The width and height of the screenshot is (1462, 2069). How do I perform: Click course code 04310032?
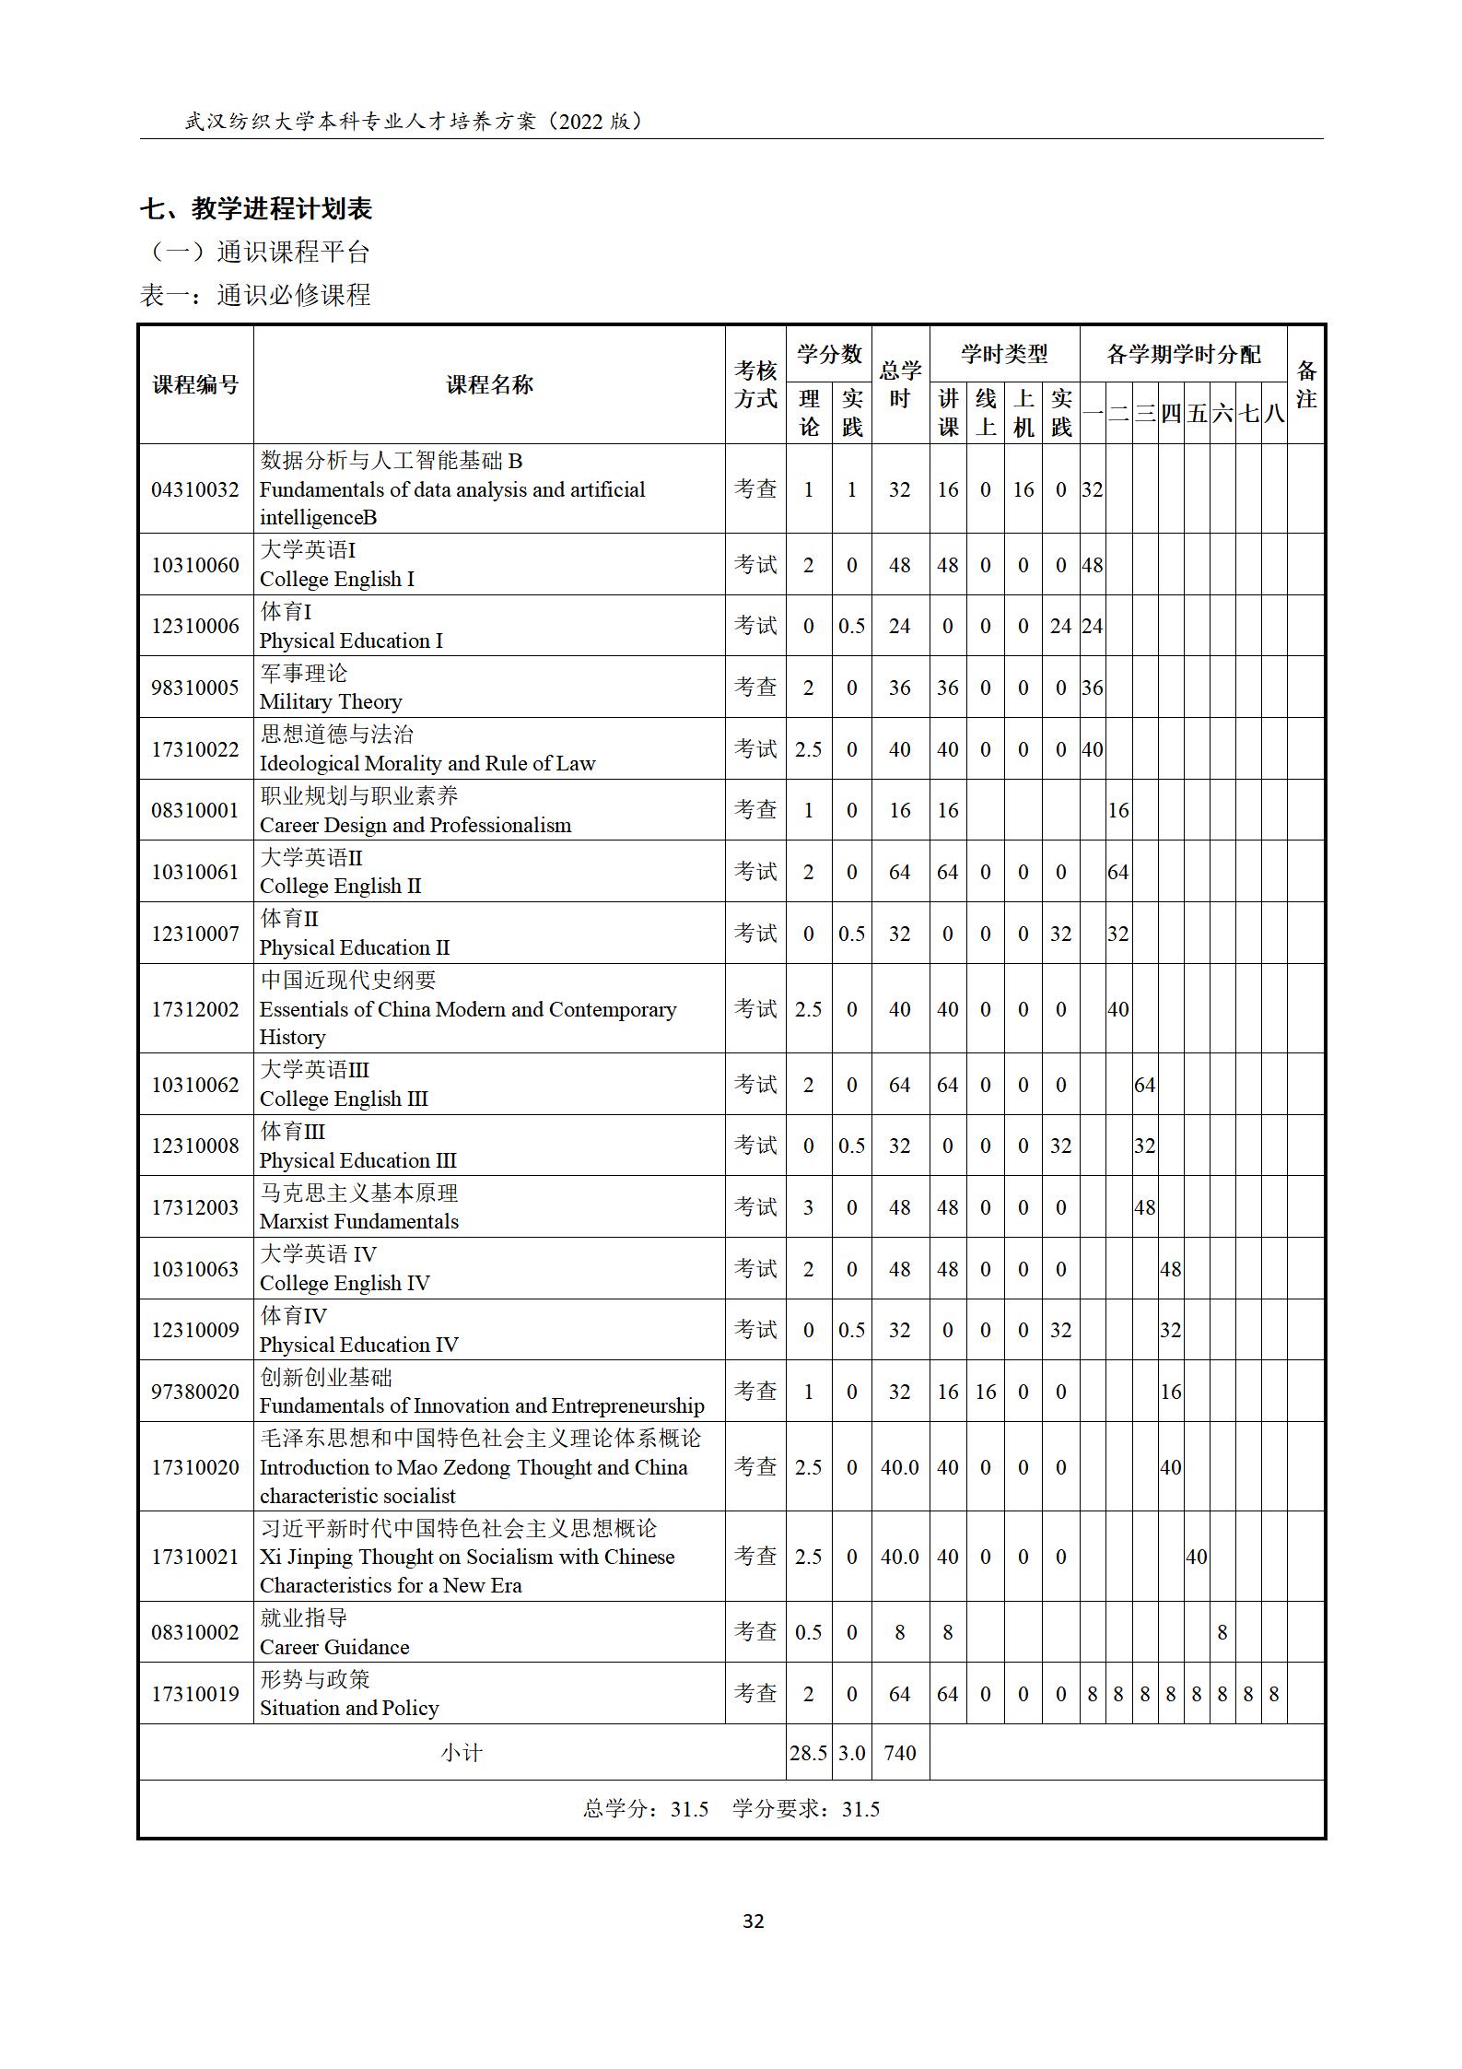(194, 489)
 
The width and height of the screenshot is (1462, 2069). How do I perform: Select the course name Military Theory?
(331, 701)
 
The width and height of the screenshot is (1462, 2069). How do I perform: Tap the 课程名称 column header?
(489, 384)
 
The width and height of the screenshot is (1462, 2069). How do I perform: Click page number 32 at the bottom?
(753, 1922)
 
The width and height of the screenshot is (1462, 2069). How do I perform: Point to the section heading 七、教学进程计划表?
(256, 209)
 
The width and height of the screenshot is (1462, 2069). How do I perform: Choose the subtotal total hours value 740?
(899, 1753)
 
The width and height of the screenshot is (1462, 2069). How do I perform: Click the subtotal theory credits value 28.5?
(808, 1753)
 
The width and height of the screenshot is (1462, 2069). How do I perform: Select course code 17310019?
(194, 1694)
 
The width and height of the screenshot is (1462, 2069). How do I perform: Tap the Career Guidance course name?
(334, 1647)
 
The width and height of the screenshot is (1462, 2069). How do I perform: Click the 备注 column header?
(1305, 384)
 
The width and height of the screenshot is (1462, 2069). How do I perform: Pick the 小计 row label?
(462, 1753)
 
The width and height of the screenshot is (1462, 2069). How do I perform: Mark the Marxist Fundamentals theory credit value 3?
(808, 1207)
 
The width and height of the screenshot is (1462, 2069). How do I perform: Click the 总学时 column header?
(899, 384)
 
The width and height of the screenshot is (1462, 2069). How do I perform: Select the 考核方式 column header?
(755, 384)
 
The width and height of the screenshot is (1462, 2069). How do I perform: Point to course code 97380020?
(194, 1392)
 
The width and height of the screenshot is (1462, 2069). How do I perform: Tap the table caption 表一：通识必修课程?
(255, 295)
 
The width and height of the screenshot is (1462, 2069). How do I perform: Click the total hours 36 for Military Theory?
(899, 688)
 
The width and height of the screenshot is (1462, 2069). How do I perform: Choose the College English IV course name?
(345, 1283)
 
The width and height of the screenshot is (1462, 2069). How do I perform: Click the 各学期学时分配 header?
(1183, 354)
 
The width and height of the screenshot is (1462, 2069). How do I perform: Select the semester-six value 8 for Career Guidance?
(1222, 1633)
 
